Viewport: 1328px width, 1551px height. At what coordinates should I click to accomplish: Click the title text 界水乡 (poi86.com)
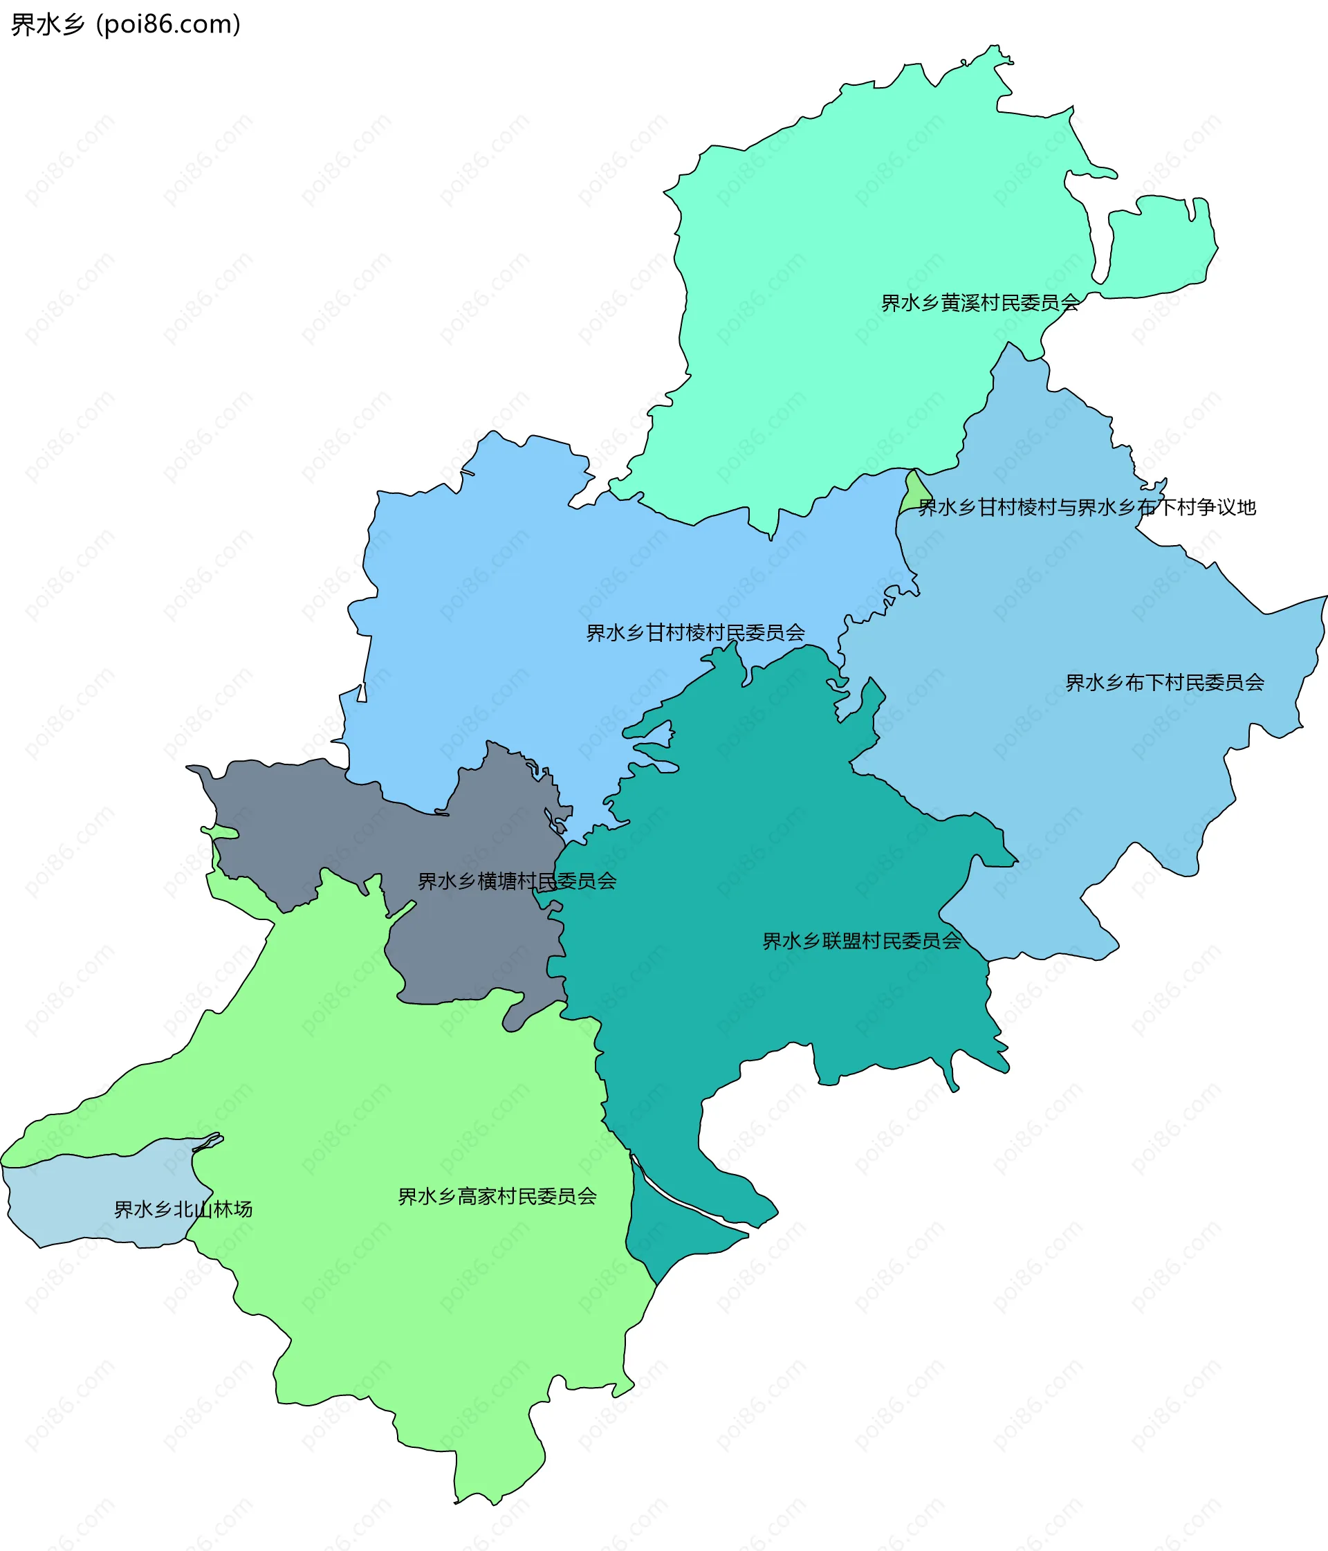[126, 25]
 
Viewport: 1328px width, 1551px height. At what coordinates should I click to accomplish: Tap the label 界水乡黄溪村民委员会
[980, 303]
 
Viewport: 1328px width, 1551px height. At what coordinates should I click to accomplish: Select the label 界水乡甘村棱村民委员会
[695, 633]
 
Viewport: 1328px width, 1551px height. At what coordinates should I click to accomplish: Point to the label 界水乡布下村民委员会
[1165, 683]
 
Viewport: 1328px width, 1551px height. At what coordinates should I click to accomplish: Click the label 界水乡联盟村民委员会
[862, 941]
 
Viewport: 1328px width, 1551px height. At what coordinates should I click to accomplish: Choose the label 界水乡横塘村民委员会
[517, 881]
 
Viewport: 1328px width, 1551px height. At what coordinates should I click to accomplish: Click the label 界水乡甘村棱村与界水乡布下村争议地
[1087, 508]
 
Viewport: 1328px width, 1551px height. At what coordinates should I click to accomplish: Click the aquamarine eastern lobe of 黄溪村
[1161, 247]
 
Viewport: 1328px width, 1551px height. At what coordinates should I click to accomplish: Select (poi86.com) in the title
[169, 25]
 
